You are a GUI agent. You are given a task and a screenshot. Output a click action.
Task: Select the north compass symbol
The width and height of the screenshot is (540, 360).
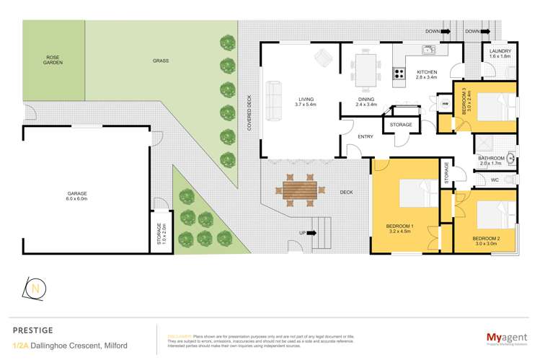[35, 288]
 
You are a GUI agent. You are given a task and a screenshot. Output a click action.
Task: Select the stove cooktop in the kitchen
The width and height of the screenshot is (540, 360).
[399, 72]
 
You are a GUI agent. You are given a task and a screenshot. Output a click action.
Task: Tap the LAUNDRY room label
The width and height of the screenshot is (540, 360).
[500, 54]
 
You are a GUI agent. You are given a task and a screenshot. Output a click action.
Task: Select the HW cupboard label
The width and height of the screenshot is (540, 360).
[444, 104]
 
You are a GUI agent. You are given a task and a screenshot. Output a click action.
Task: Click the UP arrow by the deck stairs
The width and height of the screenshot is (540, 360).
[302, 232]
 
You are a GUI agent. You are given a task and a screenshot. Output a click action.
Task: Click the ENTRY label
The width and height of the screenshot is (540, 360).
[366, 136]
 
